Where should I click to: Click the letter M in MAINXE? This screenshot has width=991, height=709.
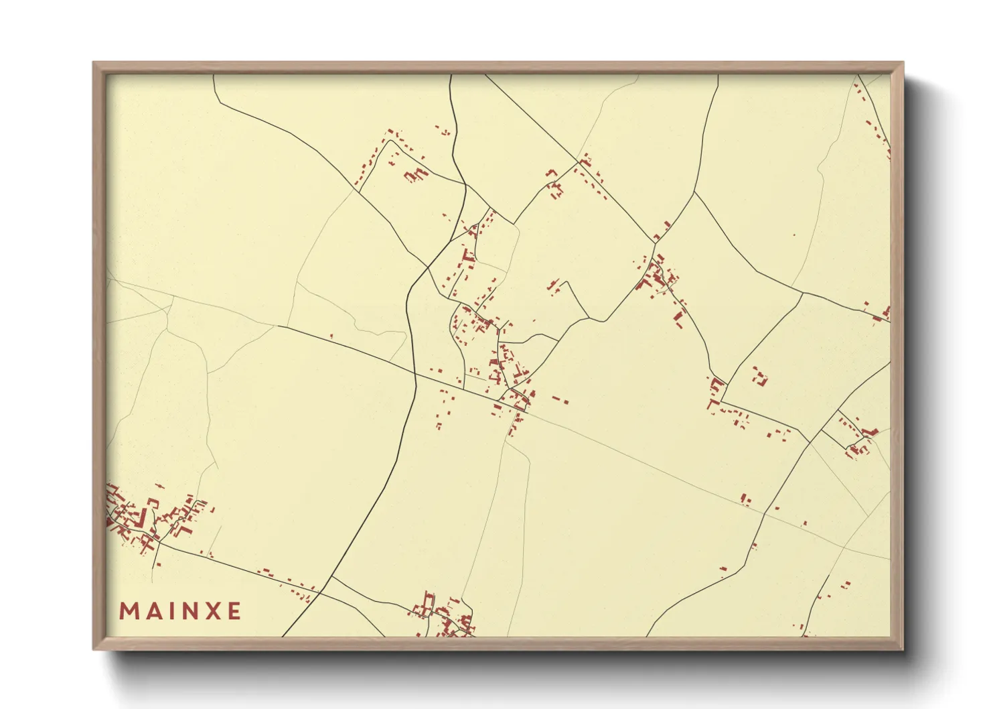tap(129, 611)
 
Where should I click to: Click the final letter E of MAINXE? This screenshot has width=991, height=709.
tap(234, 611)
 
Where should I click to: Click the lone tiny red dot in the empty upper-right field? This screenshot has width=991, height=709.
tap(794, 235)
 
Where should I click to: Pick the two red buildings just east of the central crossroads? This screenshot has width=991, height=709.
tap(560, 400)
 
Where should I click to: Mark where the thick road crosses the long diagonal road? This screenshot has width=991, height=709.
tap(416, 373)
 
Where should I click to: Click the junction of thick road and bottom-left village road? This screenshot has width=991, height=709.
tap(320, 592)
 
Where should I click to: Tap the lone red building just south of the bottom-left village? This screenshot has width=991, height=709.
tap(159, 565)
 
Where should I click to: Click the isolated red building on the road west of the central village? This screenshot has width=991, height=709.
tap(331, 336)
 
